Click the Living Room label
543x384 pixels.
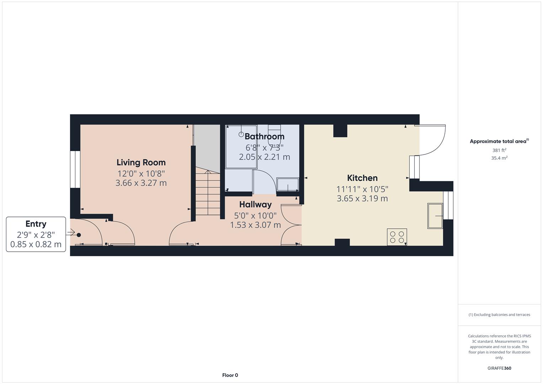141,162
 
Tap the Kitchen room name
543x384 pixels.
362,178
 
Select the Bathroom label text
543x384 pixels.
264,137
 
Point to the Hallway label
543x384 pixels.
255,204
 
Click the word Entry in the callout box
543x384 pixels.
36,224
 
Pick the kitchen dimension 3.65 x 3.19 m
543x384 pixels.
362,198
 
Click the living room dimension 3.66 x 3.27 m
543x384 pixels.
141,183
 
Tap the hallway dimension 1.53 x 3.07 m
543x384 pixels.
255,225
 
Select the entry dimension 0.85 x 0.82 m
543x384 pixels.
36,244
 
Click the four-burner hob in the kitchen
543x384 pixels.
397,237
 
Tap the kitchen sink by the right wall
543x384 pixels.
435,216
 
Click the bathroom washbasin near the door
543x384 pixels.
288,185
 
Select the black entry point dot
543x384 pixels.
79,235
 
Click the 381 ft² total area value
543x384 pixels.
499,150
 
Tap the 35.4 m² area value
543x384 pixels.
499,158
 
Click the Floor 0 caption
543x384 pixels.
230,375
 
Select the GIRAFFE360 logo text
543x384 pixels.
499,368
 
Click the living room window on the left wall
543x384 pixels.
75,169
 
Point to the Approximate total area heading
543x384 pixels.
499,142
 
